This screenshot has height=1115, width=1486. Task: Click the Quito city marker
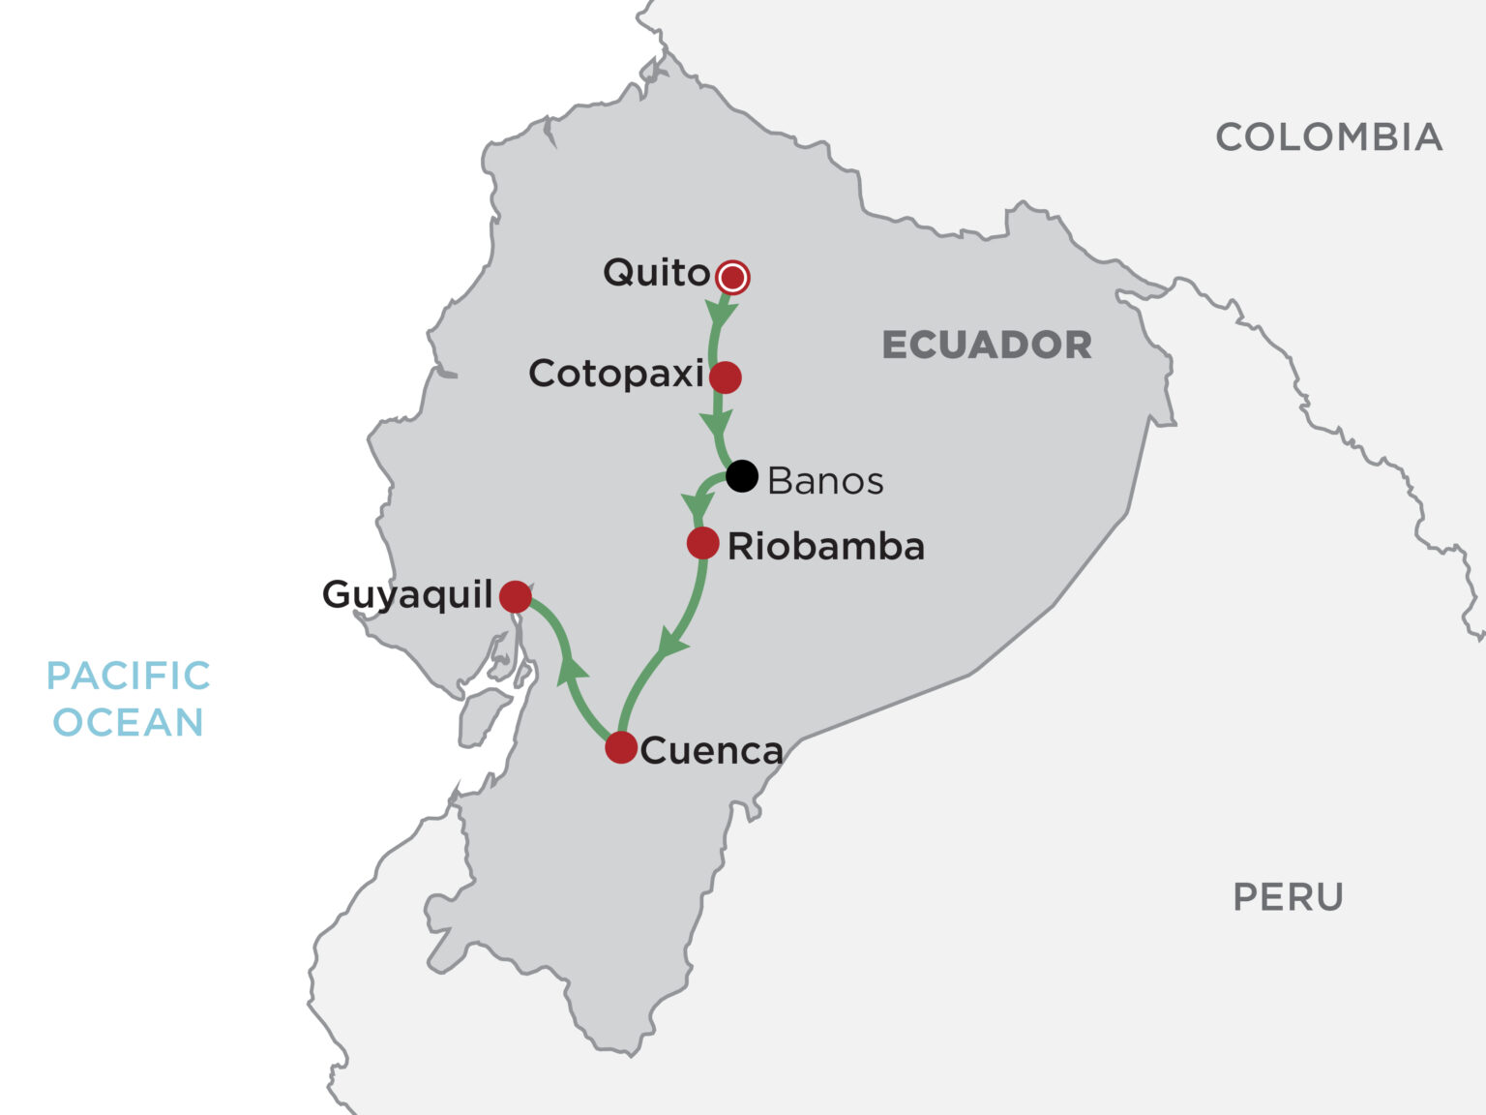(733, 278)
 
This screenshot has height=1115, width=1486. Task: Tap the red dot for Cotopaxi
(726, 377)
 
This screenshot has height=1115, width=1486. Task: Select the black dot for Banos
(742, 475)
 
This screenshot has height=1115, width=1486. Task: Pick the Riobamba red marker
(703, 543)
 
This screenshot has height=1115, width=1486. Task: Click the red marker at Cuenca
(621, 747)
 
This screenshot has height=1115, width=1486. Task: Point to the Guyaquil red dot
(516, 596)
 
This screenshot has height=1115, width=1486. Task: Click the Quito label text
(657, 273)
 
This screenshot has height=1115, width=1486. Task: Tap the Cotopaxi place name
(616, 374)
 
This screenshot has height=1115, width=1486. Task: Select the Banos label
(825, 481)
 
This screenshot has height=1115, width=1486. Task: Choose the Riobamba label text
(826, 547)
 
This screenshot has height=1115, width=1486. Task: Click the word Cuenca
(711, 751)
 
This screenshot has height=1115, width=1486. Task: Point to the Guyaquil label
(407, 594)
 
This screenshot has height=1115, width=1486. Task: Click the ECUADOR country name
(987, 346)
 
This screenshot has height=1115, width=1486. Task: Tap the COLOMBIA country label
(1328, 137)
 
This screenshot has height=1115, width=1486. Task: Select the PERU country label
(1288, 897)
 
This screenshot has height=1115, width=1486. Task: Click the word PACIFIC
(129, 676)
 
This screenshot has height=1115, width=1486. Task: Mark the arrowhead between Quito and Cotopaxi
(721, 313)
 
